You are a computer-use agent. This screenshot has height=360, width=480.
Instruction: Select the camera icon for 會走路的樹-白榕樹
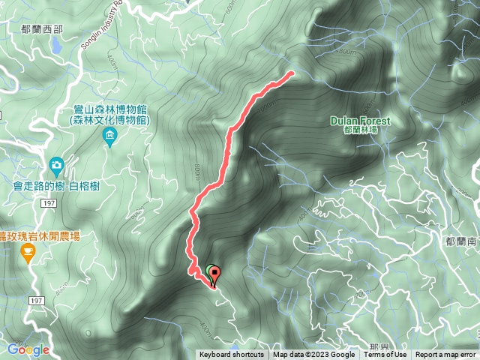coord(56,164)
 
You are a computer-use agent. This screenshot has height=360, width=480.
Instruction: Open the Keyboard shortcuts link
coord(231,355)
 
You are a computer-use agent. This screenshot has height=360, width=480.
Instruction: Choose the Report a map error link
coord(446,355)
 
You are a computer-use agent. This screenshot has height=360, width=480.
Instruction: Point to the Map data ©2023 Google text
coord(313,355)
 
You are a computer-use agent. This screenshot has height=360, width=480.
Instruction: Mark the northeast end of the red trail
coord(291,73)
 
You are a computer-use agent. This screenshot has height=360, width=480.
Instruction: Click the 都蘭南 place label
coord(461,241)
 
